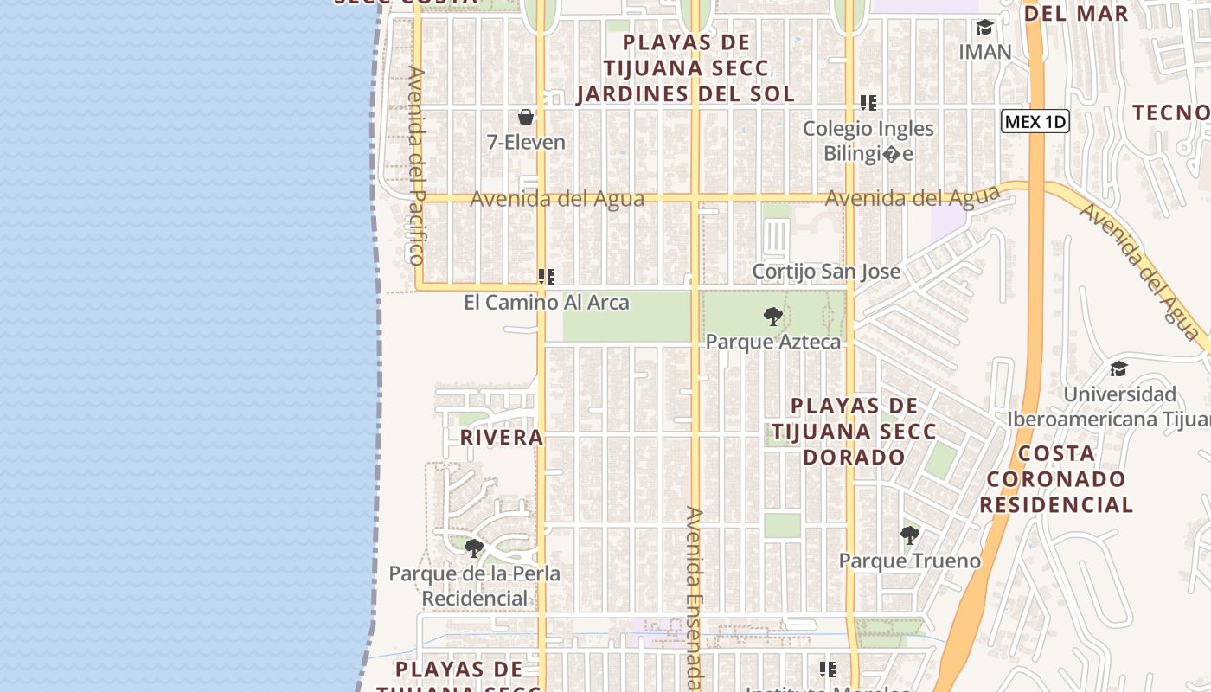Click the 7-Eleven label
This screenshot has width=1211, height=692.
(526, 143)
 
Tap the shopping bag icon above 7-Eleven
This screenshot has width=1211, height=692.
(526, 117)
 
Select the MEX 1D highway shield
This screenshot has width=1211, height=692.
(1035, 122)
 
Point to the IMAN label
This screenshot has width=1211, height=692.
(984, 52)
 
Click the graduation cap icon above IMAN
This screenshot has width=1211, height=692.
(984, 28)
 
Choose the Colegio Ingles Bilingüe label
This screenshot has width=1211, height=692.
(868, 141)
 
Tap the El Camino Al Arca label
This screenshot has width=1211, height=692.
(547, 303)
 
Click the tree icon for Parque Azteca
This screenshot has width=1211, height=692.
(773, 317)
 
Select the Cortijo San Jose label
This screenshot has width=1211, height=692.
(826, 272)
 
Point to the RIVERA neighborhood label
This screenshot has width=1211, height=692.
(502, 438)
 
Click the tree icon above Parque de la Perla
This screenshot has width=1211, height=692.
(474, 548)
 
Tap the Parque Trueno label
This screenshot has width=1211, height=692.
(910, 561)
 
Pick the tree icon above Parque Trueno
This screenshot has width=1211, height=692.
(909, 535)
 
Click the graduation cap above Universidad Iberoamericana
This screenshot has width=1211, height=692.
(1118, 369)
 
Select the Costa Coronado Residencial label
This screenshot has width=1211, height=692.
(1056, 479)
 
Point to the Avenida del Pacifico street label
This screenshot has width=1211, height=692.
(417, 165)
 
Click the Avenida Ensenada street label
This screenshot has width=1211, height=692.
(695, 598)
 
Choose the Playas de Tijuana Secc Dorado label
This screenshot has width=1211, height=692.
(854, 431)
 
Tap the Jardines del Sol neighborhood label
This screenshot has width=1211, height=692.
(686, 68)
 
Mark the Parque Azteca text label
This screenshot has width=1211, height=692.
(773, 342)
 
